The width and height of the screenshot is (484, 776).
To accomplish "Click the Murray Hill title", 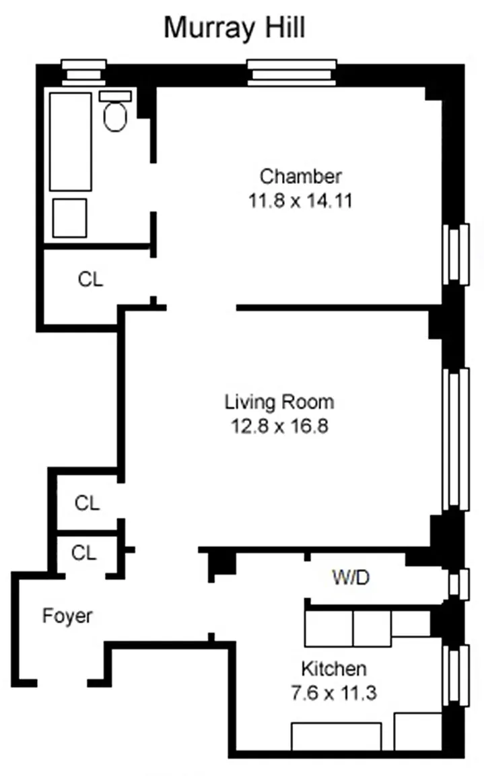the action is (x=234, y=28).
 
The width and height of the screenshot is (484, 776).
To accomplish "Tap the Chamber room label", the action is (x=301, y=176).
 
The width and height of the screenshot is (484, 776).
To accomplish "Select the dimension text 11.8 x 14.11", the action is (x=300, y=201).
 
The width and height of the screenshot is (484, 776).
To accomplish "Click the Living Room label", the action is (x=279, y=402).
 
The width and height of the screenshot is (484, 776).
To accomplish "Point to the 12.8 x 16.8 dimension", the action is (x=280, y=426).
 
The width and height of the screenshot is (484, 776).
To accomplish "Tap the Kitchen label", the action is (x=334, y=669).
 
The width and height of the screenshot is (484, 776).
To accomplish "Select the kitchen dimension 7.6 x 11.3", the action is (x=334, y=692).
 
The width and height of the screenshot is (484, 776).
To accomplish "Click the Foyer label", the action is (x=67, y=616).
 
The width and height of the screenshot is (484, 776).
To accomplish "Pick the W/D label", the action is (x=351, y=577).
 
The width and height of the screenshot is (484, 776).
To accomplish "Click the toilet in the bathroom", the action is (x=115, y=112).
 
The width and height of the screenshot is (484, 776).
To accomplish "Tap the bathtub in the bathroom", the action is (x=70, y=141).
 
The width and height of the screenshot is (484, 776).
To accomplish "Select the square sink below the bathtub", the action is (x=70, y=218).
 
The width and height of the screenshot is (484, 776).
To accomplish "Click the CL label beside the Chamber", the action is (x=90, y=280).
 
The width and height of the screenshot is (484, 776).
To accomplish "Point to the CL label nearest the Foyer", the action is (x=83, y=553).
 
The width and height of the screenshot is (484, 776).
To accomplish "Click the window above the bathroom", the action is (x=83, y=72).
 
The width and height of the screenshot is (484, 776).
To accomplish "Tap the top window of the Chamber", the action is (x=291, y=73).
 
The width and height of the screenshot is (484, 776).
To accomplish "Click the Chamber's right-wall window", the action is (x=456, y=255).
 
